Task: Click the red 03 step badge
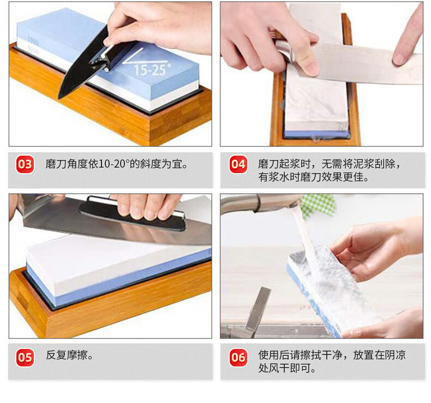click(25, 164)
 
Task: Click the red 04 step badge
click(238, 164)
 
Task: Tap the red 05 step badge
click(25, 357)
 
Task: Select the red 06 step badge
click(238, 357)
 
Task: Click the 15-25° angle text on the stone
click(153, 69)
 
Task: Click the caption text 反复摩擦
click(67, 355)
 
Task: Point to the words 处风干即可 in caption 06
click(284, 368)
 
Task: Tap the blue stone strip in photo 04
click(316, 134)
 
